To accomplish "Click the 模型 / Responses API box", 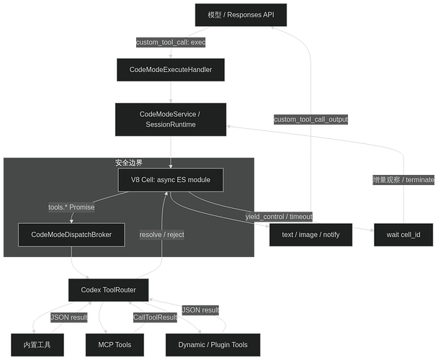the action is pos(241,15).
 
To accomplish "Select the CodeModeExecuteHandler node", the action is pos(171,70).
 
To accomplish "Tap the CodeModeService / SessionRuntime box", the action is pos(171,120).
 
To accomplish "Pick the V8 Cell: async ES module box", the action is pos(171,180).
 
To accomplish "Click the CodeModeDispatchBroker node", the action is pos(71,235).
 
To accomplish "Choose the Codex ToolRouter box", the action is pos(108,290).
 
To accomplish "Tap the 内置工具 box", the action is pos(37,345).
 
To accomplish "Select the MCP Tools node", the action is pos(115,345).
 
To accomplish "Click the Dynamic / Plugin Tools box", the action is pos(213,345).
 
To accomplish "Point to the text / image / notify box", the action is pos(310,235).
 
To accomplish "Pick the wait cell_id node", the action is pos(403,235).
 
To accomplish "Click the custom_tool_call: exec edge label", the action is pos(171,42).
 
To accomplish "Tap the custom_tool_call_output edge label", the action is pos(310,120).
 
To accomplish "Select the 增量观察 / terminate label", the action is pos(403,180).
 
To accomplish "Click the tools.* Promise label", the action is pos(71,207).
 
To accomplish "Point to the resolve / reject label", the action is pos(162,235).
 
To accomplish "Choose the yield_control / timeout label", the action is pos(279,217).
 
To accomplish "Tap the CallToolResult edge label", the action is pos(155,318).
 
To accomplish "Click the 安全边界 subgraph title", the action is pos(129,163).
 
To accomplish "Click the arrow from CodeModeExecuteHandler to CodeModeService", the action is pos(171,92).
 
